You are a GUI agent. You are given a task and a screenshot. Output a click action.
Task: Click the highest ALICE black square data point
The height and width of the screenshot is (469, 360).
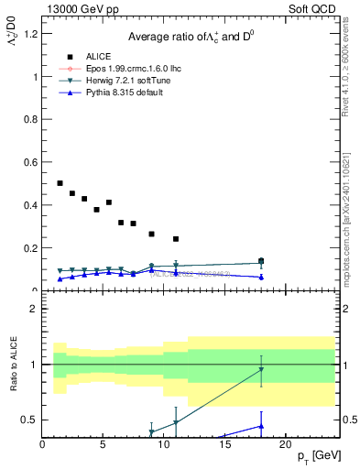point(60,183)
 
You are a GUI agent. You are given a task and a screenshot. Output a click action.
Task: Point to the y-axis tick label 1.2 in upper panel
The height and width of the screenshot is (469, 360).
point(29,34)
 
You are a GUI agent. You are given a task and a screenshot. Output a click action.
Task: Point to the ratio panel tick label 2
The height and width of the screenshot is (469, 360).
point(33,309)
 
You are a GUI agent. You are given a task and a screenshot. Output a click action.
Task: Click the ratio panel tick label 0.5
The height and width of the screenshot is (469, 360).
point(29,420)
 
